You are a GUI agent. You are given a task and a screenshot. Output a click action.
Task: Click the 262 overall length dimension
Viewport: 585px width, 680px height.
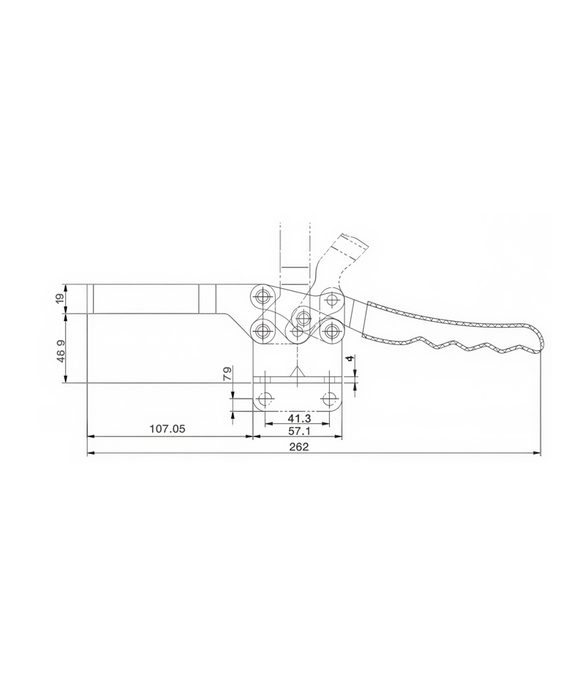click(299, 447)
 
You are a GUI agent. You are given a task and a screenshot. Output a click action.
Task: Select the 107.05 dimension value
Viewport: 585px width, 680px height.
click(167, 429)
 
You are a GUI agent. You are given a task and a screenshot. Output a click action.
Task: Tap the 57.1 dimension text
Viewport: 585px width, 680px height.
click(299, 431)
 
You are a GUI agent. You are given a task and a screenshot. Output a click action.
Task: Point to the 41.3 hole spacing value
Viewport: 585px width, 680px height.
click(299, 418)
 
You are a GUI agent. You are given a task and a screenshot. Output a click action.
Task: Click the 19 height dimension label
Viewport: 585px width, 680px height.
click(60, 298)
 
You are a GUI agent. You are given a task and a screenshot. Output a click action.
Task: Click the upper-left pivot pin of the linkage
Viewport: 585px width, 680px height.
click(262, 297)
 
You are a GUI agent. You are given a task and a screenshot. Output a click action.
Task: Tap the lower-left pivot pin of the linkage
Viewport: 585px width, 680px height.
click(262, 332)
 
